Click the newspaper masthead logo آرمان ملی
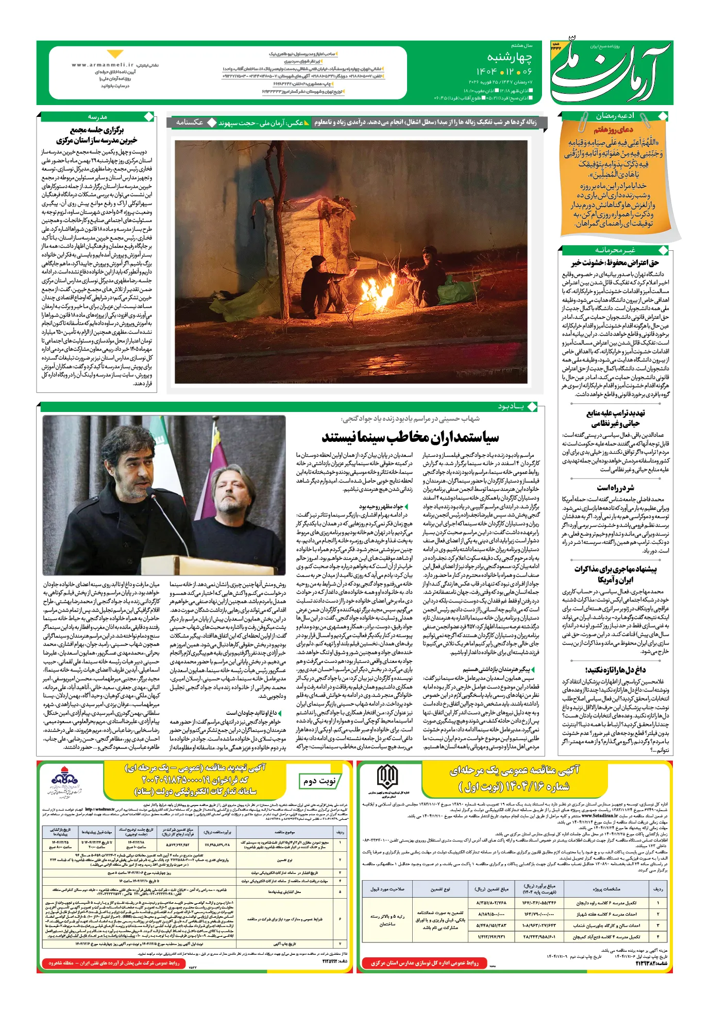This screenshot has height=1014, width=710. (611, 72)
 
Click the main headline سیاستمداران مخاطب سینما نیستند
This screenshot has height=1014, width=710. (410, 437)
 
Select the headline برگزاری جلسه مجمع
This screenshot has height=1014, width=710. (97, 130)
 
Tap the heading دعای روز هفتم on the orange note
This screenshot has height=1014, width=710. (613, 130)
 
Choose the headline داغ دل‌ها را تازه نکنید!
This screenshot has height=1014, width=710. (615, 670)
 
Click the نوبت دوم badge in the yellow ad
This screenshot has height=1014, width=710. (319, 781)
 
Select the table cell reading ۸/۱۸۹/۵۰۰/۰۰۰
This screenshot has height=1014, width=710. (491, 914)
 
